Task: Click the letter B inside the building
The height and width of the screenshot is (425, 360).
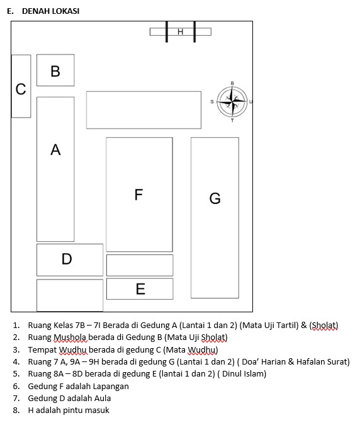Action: [x=55, y=71]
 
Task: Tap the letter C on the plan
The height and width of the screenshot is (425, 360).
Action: [x=21, y=89]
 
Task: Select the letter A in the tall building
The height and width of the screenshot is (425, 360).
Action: [x=55, y=150]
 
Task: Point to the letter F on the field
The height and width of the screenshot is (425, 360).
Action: [x=138, y=195]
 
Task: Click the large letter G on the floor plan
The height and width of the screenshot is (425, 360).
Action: [x=215, y=198]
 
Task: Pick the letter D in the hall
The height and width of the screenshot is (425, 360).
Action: [x=67, y=259]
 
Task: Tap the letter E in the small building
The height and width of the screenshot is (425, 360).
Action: [x=140, y=288]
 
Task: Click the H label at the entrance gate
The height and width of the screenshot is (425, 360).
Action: [x=181, y=32]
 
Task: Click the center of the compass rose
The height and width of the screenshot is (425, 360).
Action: [x=232, y=101]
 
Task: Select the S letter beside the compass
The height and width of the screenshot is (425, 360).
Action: [x=212, y=101]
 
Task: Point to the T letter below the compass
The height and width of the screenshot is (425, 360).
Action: [x=232, y=121]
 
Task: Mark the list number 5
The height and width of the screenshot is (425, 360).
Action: [x=16, y=374]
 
